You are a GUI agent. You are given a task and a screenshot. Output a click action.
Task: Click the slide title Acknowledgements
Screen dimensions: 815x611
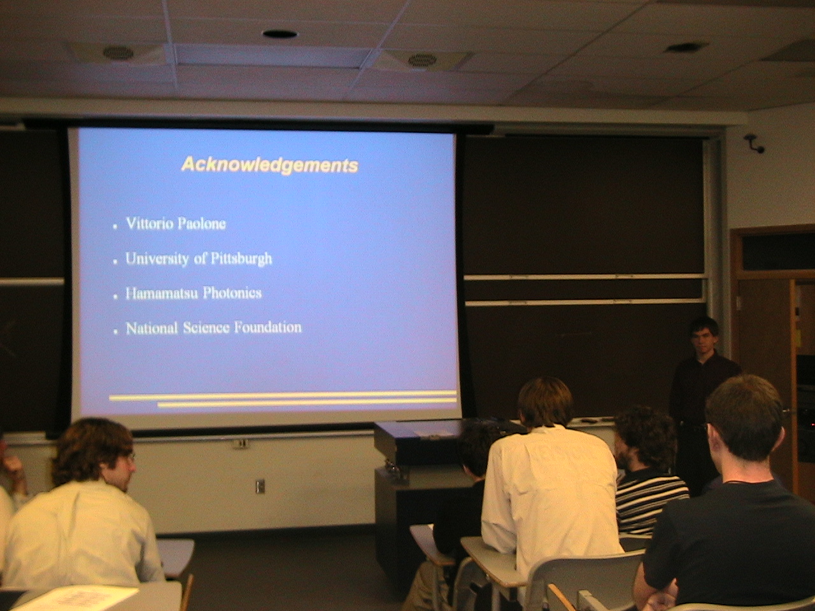pyautogui.click(x=270, y=165)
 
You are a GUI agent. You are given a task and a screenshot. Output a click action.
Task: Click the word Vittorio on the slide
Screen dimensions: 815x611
pyautogui.click(x=149, y=223)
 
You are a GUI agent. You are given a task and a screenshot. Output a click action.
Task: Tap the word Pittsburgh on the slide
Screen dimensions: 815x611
pyautogui.click(x=241, y=258)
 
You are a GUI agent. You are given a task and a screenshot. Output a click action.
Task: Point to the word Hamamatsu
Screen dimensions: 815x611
pyautogui.click(x=159, y=293)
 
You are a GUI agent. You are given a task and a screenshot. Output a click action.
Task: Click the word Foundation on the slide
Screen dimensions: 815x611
pyautogui.click(x=268, y=328)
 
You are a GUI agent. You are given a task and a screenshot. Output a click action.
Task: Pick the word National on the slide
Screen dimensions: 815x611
pyautogui.click(x=152, y=328)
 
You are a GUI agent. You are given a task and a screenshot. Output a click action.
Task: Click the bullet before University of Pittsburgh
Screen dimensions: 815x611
pyautogui.click(x=115, y=262)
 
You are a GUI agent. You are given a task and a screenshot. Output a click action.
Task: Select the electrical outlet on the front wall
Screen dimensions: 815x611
pyautogui.click(x=260, y=486)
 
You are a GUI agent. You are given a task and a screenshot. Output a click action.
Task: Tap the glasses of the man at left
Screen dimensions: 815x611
pyautogui.click(x=131, y=458)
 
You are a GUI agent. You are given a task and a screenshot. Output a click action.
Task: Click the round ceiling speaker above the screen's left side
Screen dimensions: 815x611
pyautogui.click(x=118, y=52)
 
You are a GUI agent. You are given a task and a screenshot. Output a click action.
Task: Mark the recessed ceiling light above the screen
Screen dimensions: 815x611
pyautogui.click(x=280, y=34)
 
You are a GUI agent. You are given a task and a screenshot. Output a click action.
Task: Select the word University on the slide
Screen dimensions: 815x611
pyautogui.click(x=157, y=258)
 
